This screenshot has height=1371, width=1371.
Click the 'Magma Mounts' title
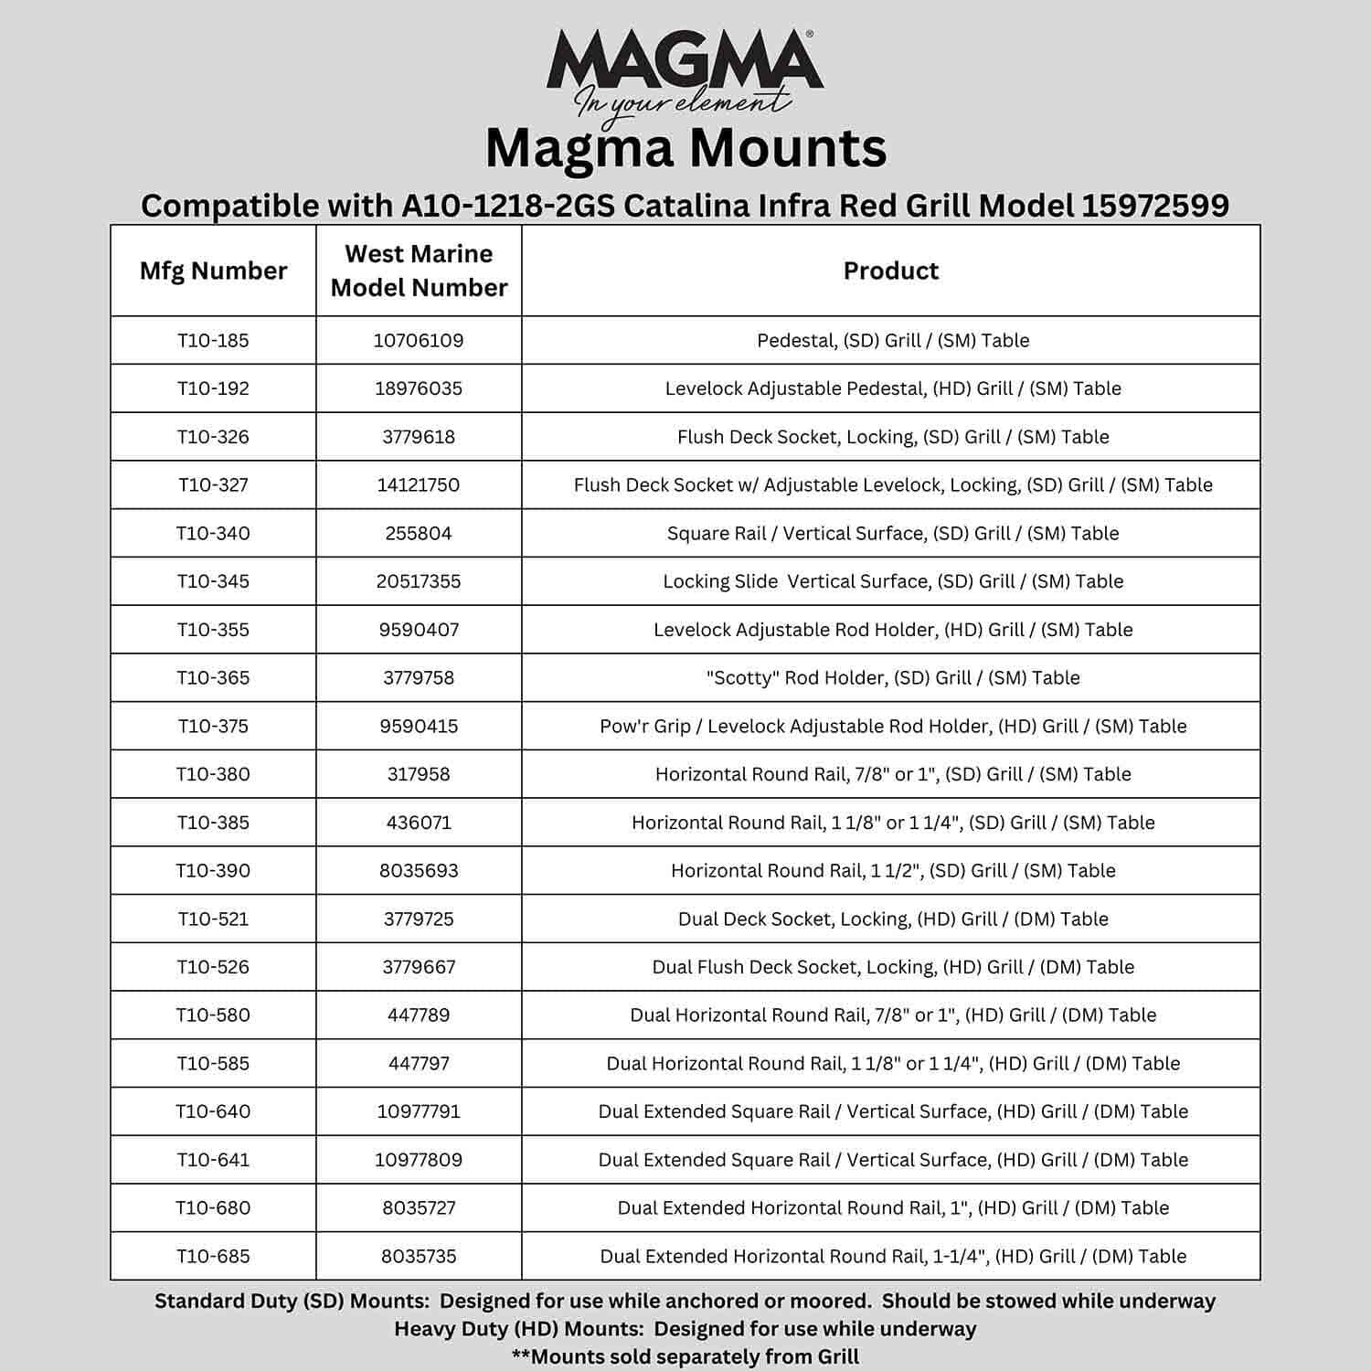685,148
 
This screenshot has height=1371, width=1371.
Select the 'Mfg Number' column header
213,271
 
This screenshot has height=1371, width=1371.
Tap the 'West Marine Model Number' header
419,271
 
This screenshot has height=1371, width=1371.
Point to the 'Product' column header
890,271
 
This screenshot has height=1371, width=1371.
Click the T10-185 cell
213,340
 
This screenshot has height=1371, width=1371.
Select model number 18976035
419,388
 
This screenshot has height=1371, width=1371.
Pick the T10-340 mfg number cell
213,533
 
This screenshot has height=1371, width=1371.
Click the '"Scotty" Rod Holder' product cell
892,677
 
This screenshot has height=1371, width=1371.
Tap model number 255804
419,533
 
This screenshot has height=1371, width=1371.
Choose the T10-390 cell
213,870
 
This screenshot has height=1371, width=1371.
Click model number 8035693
419,870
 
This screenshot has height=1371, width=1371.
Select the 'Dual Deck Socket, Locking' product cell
892,919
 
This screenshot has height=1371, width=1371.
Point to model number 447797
419,1063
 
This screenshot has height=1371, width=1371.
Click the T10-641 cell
213,1160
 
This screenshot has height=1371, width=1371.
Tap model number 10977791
419,1111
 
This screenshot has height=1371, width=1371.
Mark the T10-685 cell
213,1256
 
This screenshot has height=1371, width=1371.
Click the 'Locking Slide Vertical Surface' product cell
892,581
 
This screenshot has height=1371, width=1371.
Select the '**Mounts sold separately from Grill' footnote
685,1356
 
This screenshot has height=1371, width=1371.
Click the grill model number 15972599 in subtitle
1155,206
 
